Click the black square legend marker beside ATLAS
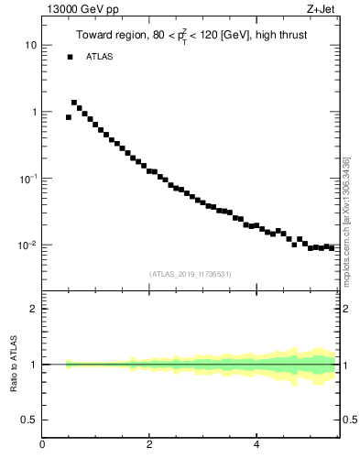pos(70,57)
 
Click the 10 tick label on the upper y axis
pos(30,46)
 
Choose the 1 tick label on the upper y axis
pos(33,113)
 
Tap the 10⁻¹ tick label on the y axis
pos(27,179)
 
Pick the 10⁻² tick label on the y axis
pos(27,245)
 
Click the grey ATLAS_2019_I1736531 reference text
pos(191,274)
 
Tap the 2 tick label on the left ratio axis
pos(33,309)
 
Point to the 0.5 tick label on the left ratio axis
pos(28,420)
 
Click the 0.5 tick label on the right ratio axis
pos(348,420)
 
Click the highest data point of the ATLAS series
pos(74,103)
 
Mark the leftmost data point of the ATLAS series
pos(69,117)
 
